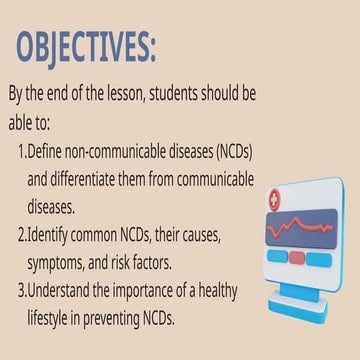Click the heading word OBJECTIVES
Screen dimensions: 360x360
tap(85, 46)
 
